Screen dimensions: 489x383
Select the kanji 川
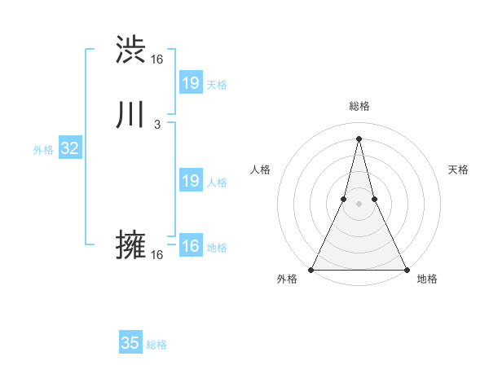click(x=131, y=115)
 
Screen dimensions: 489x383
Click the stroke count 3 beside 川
click(x=156, y=125)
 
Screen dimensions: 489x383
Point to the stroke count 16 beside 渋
click(x=157, y=59)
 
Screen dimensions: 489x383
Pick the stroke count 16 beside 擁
click(x=157, y=255)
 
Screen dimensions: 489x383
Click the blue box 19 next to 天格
click(x=190, y=83)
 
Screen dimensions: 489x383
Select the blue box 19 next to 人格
click(x=190, y=181)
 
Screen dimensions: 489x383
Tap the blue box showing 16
click(x=190, y=246)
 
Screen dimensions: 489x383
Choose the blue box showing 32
click(x=69, y=148)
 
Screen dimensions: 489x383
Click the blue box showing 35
click(x=130, y=343)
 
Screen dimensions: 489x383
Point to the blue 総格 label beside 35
click(x=156, y=345)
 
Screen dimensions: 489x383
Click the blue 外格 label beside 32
click(x=43, y=150)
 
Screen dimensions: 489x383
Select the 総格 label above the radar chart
click(x=359, y=106)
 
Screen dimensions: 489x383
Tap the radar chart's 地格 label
click(x=427, y=279)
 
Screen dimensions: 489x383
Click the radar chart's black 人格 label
click(x=260, y=169)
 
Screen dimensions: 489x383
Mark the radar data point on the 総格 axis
click(x=359, y=138)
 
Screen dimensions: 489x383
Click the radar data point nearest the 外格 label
click(x=311, y=269)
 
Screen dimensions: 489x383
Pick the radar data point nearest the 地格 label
click(x=406, y=269)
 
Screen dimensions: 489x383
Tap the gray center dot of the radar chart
click(x=359, y=204)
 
